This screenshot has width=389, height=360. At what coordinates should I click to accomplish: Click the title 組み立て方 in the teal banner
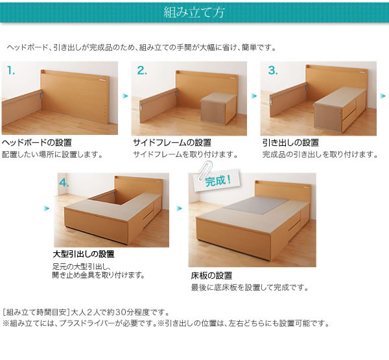pyautogui.click(x=194, y=12)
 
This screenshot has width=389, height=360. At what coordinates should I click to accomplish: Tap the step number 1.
pyautogui.click(x=11, y=71)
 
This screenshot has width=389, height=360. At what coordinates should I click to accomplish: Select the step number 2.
pyautogui.click(x=142, y=71)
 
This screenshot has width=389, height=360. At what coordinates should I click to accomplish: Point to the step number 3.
pyautogui.click(x=273, y=71)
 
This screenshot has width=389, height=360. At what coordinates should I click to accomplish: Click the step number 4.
pyautogui.click(x=64, y=183)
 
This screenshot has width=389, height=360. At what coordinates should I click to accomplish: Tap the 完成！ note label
pyautogui.click(x=218, y=181)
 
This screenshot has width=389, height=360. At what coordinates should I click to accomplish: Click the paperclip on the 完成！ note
pyautogui.click(x=205, y=170)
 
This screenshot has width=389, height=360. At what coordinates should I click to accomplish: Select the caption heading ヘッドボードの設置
pyautogui.click(x=37, y=143)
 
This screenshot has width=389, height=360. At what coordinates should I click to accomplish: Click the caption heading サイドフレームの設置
pyautogui.click(x=172, y=143)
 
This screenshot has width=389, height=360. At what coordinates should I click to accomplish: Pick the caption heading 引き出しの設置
pyautogui.click(x=290, y=143)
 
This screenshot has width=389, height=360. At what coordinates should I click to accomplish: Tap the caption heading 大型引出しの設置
pyautogui.click(x=84, y=254)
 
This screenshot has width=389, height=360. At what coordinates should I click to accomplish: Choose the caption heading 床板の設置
pyautogui.click(x=211, y=276)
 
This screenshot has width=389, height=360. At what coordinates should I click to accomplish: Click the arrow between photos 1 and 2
pyautogui.click(x=125, y=96)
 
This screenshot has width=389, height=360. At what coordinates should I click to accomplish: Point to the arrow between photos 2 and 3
pyautogui.click(x=253, y=96)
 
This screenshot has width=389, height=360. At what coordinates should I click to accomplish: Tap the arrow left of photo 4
pyautogui.click(x=47, y=208)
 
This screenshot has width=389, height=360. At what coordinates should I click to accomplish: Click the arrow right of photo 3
pyautogui.click(x=383, y=96)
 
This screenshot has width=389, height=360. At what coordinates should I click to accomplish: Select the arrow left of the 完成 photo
pyautogui.click(x=179, y=208)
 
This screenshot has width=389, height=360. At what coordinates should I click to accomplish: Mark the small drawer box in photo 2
pyautogui.click(x=218, y=108)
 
